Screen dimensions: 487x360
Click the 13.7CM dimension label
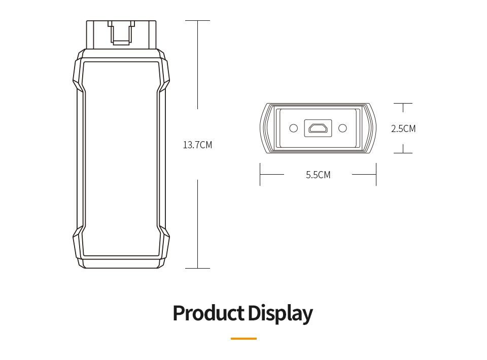click(x=197, y=145)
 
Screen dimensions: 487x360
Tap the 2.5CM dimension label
click(x=403, y=128)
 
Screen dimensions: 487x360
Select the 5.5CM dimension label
click(x=318, y=175)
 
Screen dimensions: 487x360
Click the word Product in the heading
click(x=208, y=313)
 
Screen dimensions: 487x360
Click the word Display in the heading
click(x=280, y=314)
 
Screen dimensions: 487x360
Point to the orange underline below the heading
click(x=243, y=339)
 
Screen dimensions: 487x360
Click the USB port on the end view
click(x=318, y=128)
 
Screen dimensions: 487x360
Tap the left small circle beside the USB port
click(x=294, y=128)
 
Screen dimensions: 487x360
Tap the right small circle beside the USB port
click(x=342, y=128)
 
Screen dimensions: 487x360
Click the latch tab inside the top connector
click(x=121, y=32)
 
